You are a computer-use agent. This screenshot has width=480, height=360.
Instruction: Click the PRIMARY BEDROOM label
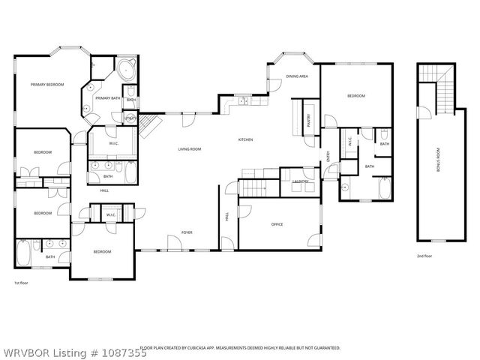click(x=47, y=85)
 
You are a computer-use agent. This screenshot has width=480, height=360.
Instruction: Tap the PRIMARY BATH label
click(x=107, y=98)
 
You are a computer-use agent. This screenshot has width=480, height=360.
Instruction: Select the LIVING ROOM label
click(x=189, y=149)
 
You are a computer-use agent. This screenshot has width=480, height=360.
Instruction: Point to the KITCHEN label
click(x=245, y=139)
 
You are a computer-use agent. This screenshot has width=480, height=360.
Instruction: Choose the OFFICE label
click(x=277, y=224)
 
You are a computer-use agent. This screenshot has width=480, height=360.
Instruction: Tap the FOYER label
click(x=187, y=232)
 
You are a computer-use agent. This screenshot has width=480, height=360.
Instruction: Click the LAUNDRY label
click(x=301, y=181)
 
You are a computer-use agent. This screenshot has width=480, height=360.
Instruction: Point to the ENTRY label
click(x=328, y=156)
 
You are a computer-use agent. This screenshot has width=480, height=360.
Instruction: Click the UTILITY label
click(x=131, y=118)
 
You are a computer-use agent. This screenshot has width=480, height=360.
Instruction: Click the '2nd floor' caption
click(x=424, y=256)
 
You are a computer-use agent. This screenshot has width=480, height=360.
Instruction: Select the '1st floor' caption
click(x=21, y=283)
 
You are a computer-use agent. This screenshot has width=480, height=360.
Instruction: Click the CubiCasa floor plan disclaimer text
click(x=240, y=348)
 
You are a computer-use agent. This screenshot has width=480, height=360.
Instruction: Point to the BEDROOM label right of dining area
click(x=355, y=96)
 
